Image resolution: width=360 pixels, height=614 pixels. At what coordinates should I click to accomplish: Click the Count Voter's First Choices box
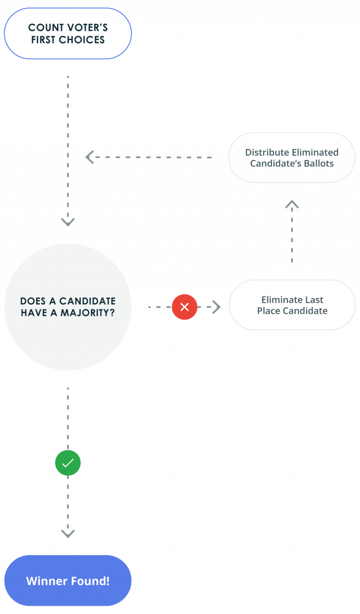tap(68, 34)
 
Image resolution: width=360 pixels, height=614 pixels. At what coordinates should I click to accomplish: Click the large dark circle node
tap(68, 307)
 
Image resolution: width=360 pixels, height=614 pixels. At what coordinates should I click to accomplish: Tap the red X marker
tap(185, 307)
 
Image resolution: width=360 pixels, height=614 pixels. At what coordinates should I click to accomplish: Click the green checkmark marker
tap(68, 463)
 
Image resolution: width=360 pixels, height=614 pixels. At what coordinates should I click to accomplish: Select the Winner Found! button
tap(68, 581)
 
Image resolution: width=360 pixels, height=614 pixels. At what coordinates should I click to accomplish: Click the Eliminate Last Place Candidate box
tap(292, 305)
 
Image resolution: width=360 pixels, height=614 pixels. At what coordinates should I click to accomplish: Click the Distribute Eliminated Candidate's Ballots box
tap(292, 158)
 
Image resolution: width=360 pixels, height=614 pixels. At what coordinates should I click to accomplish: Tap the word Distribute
tap(267, 152)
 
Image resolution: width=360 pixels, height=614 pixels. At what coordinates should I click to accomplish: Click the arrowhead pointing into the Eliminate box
tap(217, 307)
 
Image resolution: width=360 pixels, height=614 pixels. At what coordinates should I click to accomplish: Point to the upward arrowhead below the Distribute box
tap(292, 204)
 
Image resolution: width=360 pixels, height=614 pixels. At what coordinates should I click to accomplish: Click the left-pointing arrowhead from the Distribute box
tap(90, 157)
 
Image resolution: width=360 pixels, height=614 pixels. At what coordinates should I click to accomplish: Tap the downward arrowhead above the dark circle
tap(68, 222)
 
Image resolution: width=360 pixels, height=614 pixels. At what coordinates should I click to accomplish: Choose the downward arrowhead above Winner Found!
tap(68, 533)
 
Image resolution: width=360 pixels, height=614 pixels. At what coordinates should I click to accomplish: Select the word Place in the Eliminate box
tap(269, 311)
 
